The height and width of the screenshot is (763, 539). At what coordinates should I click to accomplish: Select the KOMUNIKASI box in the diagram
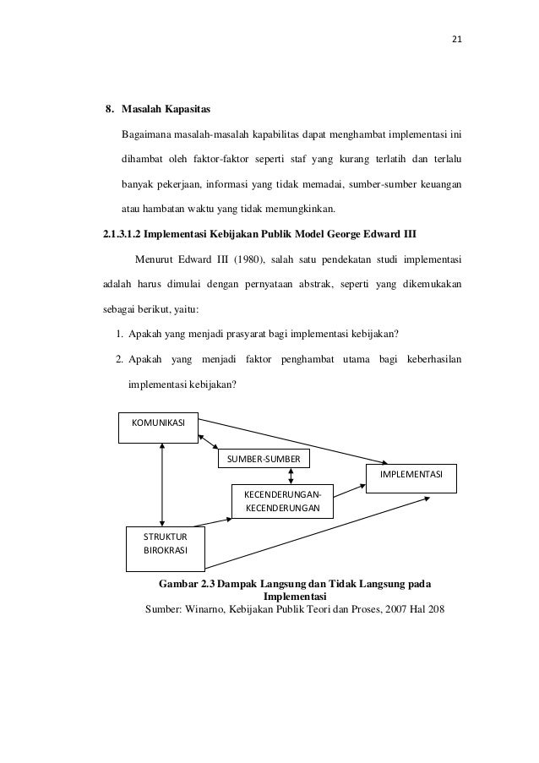(x=157, y=422)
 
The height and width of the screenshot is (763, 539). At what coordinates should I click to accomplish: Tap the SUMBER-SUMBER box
(x=264, y=458)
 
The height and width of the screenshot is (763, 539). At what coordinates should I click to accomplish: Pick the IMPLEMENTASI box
(x=411, y=477)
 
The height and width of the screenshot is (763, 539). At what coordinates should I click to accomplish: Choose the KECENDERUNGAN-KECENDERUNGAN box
(x=282, y=500)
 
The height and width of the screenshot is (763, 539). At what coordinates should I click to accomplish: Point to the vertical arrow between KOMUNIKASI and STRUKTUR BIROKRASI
(x=161, y=481)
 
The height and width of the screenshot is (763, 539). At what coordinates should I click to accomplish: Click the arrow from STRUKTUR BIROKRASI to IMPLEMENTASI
(x=321, y=531)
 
